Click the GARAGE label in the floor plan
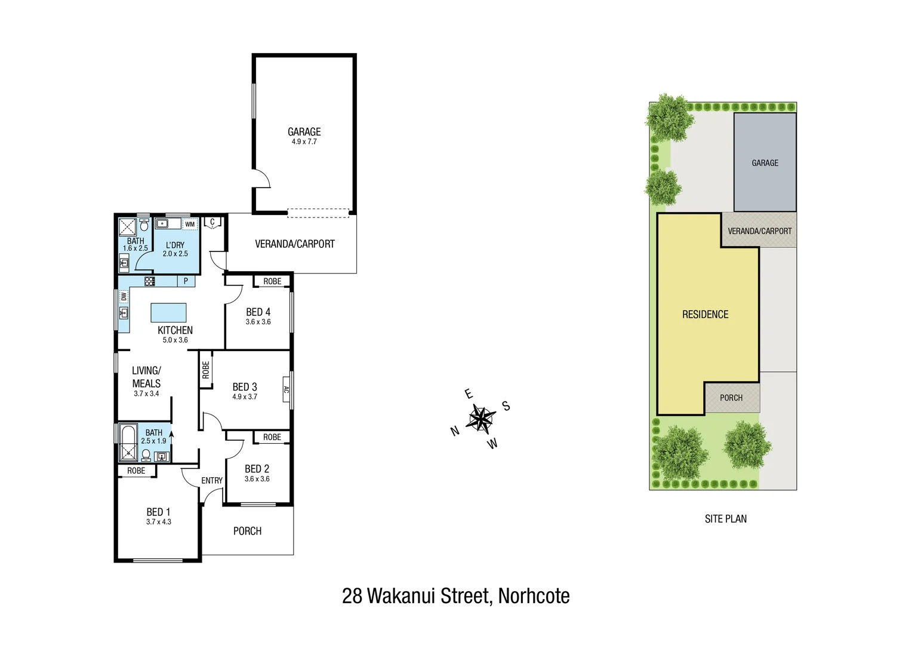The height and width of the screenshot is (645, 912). (304, 131)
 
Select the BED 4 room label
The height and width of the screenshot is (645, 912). (258, 312)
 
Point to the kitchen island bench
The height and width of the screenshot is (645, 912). (168, 312)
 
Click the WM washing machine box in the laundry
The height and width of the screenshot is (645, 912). (190, 225)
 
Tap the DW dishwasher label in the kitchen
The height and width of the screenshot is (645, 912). (124, 297)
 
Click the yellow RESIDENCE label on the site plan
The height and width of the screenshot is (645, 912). (705, 314)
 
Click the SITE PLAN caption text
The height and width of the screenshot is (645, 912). (725, 519)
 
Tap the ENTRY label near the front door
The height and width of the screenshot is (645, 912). (212, 480)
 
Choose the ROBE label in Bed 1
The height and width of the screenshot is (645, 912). (136, 471)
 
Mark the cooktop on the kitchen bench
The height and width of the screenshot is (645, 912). (149, 281)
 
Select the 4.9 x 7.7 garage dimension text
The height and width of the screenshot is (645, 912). (304, 142)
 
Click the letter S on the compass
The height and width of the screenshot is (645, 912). (506, 406)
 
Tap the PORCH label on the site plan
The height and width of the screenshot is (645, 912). (731, 398)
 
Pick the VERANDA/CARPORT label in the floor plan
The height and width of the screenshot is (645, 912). (294, 244)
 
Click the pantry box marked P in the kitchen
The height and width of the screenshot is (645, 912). (186, 281)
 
